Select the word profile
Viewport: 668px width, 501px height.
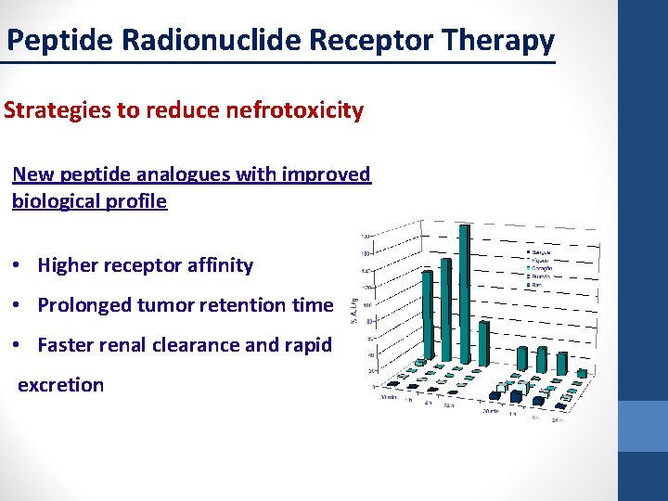click(138, 201)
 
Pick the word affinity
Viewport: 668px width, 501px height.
click(218, 265)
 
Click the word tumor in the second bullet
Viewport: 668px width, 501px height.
click(163, 305)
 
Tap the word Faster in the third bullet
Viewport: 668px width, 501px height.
click(67, 345)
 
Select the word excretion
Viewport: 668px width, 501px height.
click(61, 384)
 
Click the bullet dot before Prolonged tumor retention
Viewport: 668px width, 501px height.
click(19, 305)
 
